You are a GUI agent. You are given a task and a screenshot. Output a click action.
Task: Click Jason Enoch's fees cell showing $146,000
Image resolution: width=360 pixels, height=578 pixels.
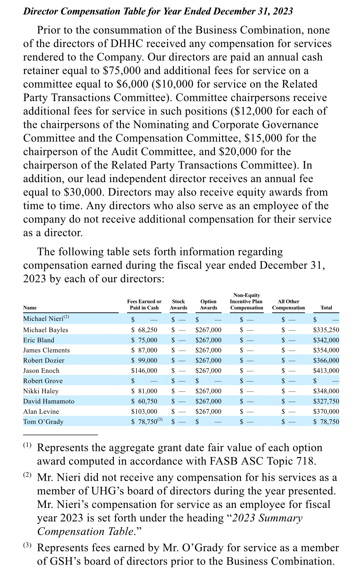point(144,371)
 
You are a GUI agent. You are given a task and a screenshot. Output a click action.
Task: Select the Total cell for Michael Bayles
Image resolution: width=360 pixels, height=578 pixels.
point(326,330)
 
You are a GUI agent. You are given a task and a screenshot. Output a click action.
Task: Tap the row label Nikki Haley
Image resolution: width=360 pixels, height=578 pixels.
point(41,391)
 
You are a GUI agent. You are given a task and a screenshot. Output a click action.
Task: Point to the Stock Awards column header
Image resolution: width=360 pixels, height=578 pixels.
point(178,305)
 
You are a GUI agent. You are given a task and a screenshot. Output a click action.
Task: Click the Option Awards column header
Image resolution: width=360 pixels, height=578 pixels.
point(208,305)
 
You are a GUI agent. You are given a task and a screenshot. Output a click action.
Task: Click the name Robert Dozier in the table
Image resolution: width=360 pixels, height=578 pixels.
point(44,361)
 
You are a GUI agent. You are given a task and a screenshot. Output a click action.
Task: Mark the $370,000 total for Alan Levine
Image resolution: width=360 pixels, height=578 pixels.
point(326,412)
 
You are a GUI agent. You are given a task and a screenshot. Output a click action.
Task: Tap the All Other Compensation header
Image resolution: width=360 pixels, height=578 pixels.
point(288,305)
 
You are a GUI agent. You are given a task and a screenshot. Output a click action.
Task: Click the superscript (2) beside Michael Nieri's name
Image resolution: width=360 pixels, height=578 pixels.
point(66,317)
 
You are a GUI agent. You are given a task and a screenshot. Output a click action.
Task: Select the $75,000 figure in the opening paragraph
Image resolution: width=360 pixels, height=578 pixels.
point(122,71)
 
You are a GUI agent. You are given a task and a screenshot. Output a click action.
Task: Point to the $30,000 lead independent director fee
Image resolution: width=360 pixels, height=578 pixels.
point(82,192)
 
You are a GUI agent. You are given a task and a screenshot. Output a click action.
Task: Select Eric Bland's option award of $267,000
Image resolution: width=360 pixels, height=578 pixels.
point(208,340)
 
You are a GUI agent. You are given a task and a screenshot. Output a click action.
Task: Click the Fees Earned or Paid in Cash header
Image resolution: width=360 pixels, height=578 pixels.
point(144,305)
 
